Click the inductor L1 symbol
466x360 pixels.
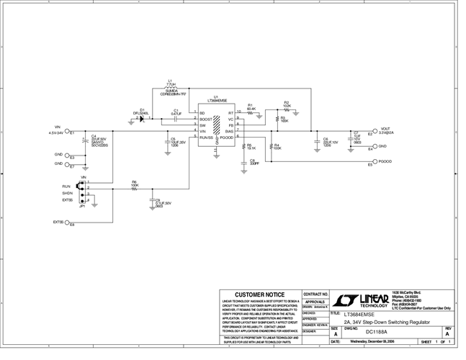pyautogui.click(x=171, y=89)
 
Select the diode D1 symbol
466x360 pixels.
pyautogui.click(x=143, y=118)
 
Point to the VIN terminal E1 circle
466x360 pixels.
pyautogui.click(x=67, y=132)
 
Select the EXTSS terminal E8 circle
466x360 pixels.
pyautogui.click(x=68, y=222)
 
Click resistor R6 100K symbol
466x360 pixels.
pyautogui.click(x=135, y=189)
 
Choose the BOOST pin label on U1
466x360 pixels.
pyautogui.click(x=205, y=119)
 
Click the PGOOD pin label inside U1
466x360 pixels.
pyautogui.click(x=226, y=137)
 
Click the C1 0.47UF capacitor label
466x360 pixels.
pyautogui.click(x=176, y=112)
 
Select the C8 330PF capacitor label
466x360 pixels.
pyautogui.click(x=254, y=162)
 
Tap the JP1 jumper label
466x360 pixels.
pyautogui.click(x=83, y=206)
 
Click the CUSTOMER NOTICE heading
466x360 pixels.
pyautogui.click(x=259, y=294)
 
